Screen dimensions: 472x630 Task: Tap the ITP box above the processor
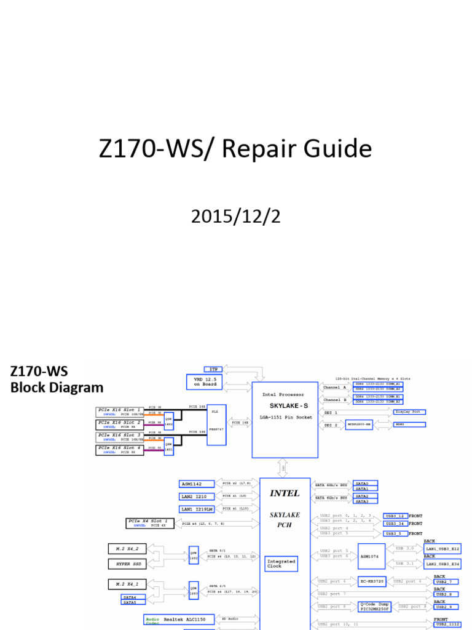(211, 369)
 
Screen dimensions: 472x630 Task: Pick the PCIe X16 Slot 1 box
(120, 409)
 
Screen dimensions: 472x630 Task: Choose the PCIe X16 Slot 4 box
(120, 448)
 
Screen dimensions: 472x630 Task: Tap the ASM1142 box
(196, 484)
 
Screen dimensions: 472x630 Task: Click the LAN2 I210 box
(196, 496)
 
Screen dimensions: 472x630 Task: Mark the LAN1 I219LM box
(196, 509)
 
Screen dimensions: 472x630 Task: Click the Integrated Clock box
(281, 564)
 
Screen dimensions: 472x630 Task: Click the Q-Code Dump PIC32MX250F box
(376, 607)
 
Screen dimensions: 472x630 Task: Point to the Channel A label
(335, 388)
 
